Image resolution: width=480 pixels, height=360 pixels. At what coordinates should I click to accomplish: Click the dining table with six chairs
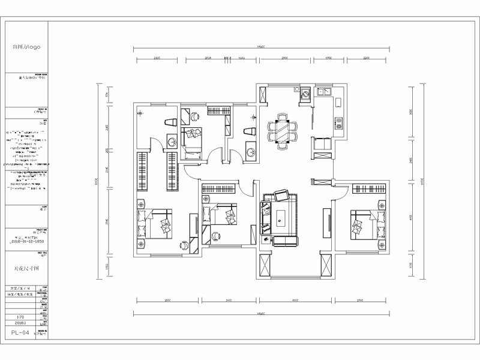pyautogui.click(x=281, y=131)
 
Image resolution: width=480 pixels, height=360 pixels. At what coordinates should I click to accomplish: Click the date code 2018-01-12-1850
pyautogui.click(x=28, y=241)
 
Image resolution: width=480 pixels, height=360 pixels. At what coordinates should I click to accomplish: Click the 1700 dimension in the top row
pyautogui.click(x=329, y=59)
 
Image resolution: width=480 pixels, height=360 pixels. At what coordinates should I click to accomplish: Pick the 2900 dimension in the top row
pyautogui.click(x=283, y=59)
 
